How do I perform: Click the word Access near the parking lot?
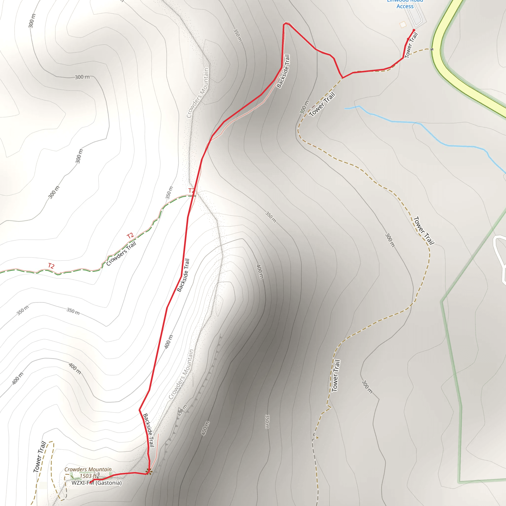tap(405, 6)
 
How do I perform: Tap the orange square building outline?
tap(402, 25)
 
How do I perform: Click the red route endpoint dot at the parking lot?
tap(414, 30)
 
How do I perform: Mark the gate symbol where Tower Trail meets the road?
tap(432, 49)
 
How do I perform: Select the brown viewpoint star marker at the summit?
tap(149, 471)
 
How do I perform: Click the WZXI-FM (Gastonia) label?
tap(97, 483)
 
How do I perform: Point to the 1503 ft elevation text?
tap(88, 476)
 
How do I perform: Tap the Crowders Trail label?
tap(121, 253)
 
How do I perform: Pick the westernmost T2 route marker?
tap(51, 266)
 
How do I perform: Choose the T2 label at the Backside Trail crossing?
tap(191, 190)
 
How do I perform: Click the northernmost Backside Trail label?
tap(283, 71)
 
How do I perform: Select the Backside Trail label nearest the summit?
tap(148, 430)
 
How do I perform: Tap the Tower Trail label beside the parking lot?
tap(411, 45)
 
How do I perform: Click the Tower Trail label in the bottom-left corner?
tap(40, 457)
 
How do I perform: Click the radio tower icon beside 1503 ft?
tap(99, 474)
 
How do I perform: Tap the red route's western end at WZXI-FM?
tap(90, 483)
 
